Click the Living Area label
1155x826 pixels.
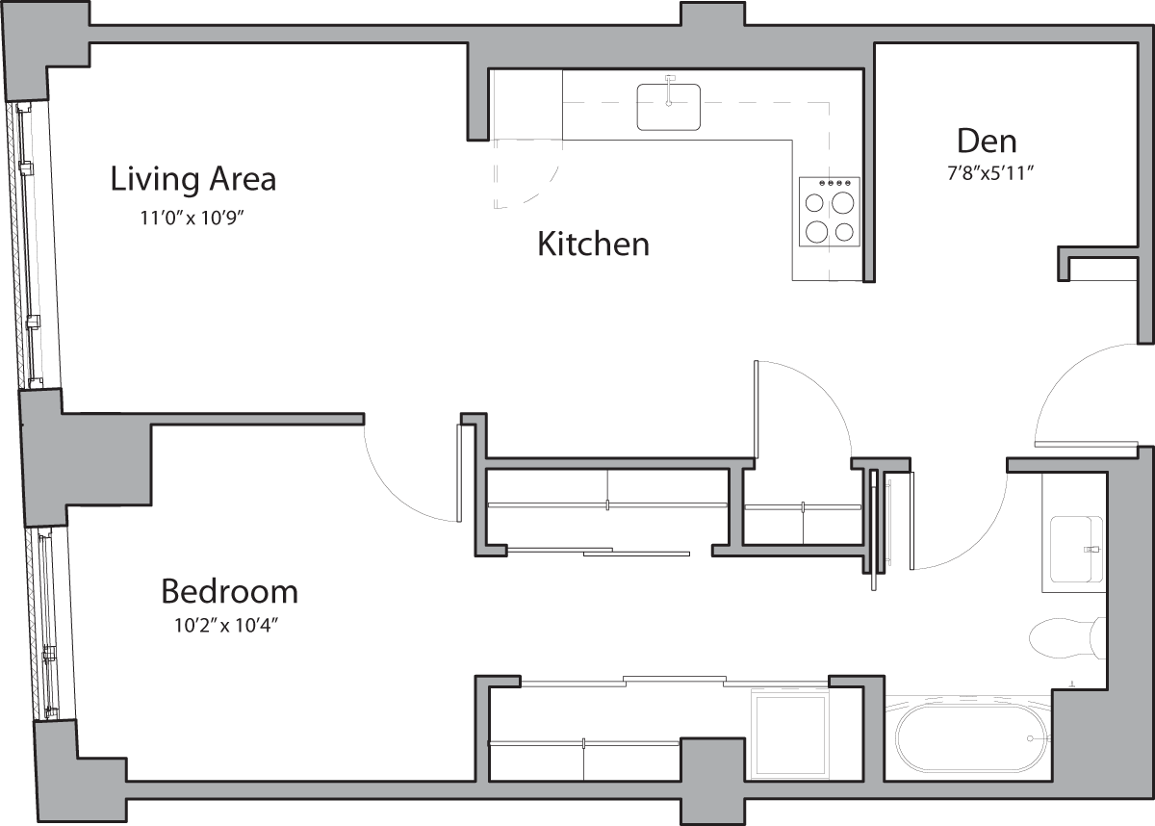(x=192, y=179)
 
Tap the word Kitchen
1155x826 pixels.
(x=593, y=245)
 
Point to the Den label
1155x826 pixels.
(x=987, y=142)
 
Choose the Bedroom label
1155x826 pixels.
(x=229, y=590)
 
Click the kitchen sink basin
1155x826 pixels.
(x=668, y=107)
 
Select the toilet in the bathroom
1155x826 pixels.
(x=1065, y=637)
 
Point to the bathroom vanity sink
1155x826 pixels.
(x=1076, y=549)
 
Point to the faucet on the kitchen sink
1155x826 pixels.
(x=670, y=79)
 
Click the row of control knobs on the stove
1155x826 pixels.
(x=830, y=183)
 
